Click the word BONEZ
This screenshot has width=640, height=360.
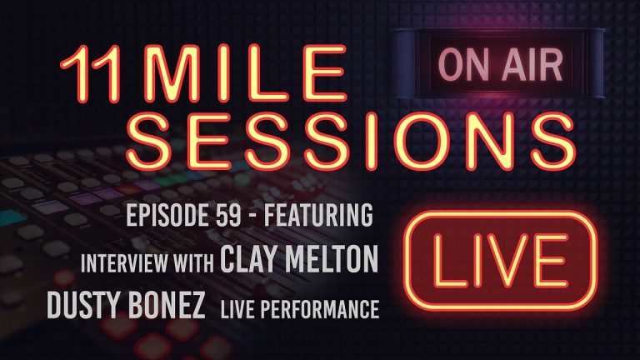172,308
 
